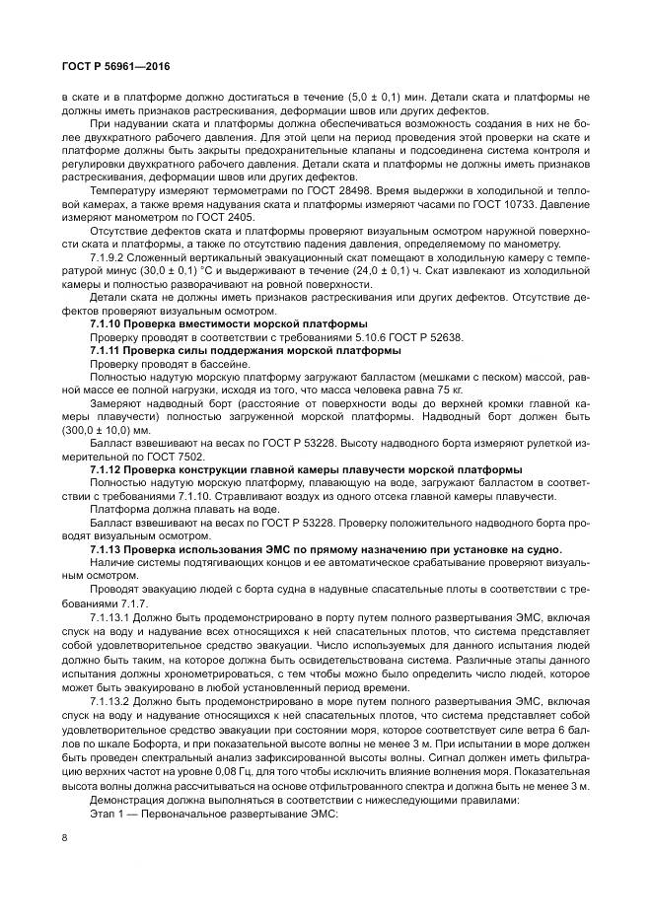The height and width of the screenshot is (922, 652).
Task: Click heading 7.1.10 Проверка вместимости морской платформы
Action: [x=228, y=323]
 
